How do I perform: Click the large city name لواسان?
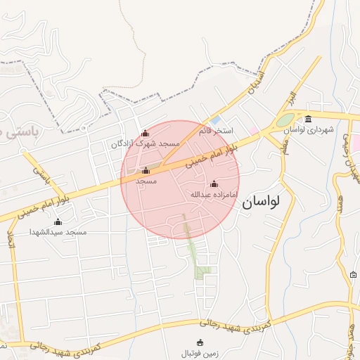[261, 202]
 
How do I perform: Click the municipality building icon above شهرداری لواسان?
[309, 117]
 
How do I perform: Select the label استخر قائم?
[215, 131]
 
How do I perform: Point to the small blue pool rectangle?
[216, 119]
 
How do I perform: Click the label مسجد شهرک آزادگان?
[146, 143]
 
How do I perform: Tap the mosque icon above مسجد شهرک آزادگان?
[146, 133]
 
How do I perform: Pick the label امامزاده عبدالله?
[214, 193]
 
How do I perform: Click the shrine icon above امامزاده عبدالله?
[214, 184]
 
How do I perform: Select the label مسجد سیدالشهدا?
[58, 231]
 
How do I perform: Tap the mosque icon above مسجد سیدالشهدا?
[58, 221]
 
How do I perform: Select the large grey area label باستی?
[25, 131]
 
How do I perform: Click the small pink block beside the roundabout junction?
[253, 131]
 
